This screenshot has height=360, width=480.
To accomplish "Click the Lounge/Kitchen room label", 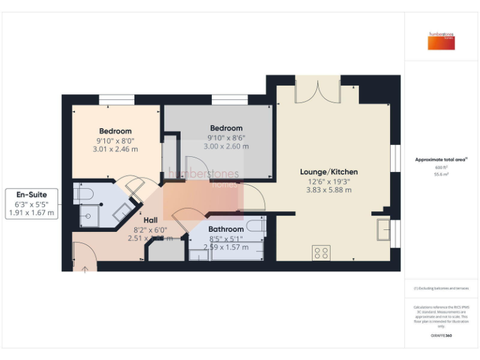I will (x=329, y=172).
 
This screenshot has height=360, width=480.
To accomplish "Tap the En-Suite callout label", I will (x=31, y=194).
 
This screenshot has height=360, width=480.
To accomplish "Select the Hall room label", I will (x=151, y=220).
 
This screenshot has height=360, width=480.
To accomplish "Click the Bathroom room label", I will (x=226, y=229).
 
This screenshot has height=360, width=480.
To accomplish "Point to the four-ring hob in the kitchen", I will (x=321, y=253).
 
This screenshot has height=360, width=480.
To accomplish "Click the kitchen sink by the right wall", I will (x=383, y=229).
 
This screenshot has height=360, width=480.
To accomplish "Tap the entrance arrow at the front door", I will (x=86, y=269).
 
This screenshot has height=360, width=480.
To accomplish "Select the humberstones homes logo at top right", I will (x=441, y=41).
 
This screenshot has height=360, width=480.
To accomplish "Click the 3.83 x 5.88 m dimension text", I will (x=329, y=190).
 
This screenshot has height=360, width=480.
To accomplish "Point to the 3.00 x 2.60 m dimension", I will (x=226, y=146).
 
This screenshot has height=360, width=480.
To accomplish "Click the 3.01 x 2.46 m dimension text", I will (x=115, y=149).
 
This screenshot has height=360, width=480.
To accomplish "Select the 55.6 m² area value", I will (x=441, y=175).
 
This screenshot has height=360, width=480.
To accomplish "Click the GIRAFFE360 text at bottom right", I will (x=441, y=336).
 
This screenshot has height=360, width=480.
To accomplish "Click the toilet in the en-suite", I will (x=83, y=193).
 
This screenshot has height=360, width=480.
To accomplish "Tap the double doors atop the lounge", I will (x=317, y=89).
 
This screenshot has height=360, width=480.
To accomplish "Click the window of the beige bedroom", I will (x=117, y=99).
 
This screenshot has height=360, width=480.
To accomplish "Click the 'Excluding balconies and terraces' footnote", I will (x=441, y=288).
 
